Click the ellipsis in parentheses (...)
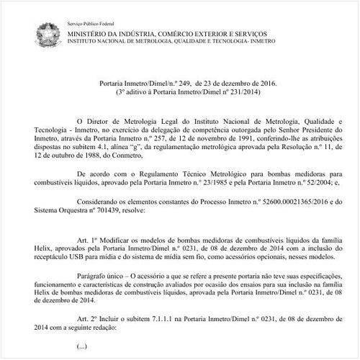[81, 346]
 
